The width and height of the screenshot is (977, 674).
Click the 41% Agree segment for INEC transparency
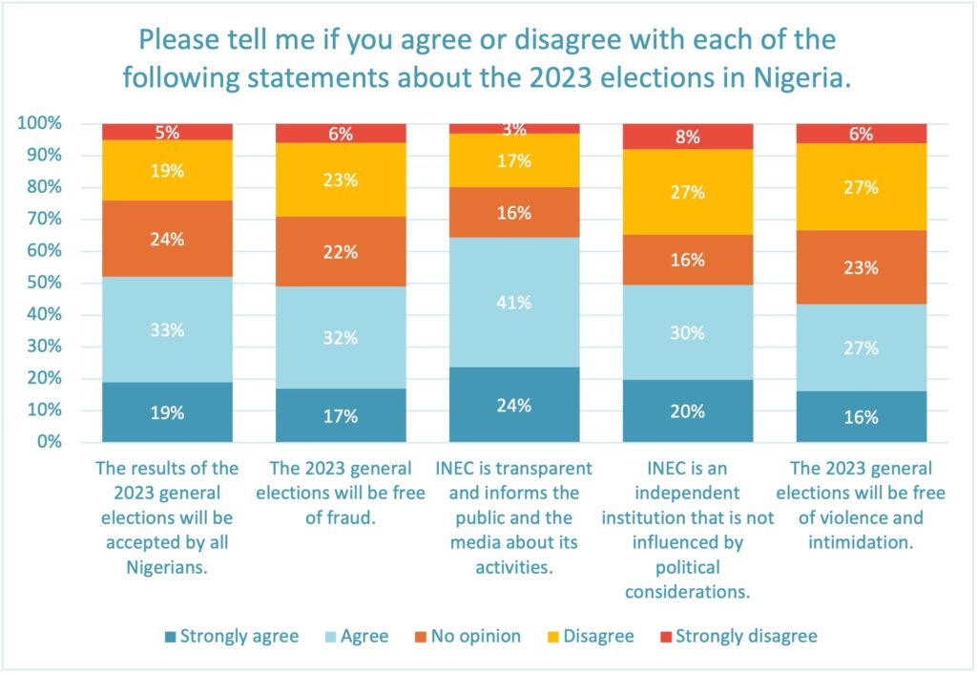coord(514,303)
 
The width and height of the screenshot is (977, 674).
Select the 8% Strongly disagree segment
coord(688,137)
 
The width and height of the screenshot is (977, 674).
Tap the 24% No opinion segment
coord(167,240)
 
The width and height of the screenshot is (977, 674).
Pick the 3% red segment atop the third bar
coord(514,129)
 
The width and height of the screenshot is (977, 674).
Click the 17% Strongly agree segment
coord(341,415)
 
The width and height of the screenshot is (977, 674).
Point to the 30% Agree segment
coord(688,332)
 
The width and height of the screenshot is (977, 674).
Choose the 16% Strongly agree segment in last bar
coord(862,416)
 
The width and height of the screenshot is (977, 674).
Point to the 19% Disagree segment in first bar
coord(167,171)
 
